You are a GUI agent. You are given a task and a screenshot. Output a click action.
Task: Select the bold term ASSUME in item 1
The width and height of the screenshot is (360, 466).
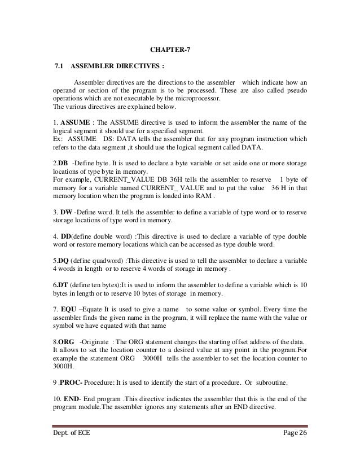tap(73, 121)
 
